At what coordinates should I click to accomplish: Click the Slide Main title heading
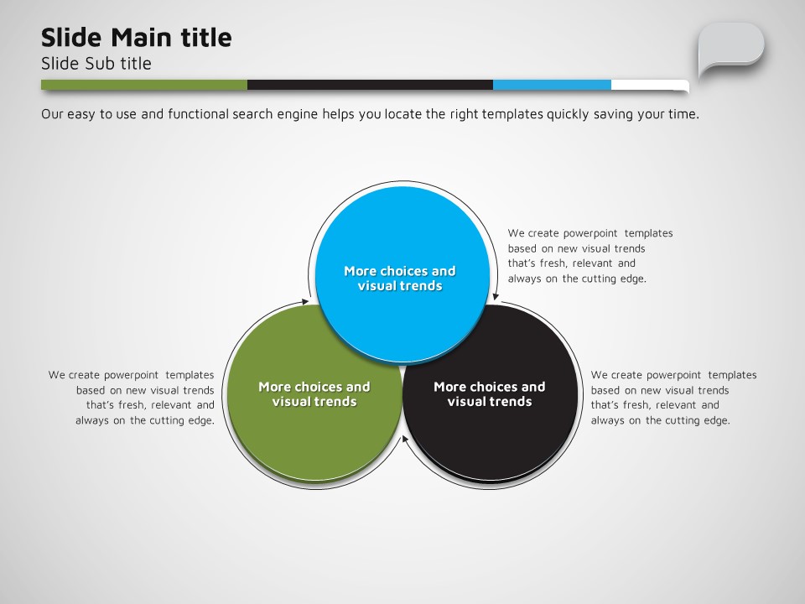pyautogui.click(x=136, y=38)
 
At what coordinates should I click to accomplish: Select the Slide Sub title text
pyautogui.click(x=96, y=63)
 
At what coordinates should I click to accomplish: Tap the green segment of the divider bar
pyautogui.click(x=144, y=85)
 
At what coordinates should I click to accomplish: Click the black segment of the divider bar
pyautogui.click(x=370, y=85)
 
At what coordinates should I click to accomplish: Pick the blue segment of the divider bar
pyautogui.click(x=552, y=85)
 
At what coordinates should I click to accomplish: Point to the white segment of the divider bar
pyautogui.click(x=650, y=85)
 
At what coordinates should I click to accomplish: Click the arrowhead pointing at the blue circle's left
pyautogui.click(x=306, y=302)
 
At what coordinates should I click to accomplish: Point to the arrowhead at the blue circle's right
pyautogui.click(x=495, y=296)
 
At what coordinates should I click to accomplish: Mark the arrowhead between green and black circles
pyautogui.click(x=405, y=439)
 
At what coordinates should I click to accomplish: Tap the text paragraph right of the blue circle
pyautogui.click(x=590, y=256)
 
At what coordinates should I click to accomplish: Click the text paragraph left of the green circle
pyautogui.click(x=132, y=398)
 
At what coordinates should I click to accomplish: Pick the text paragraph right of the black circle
pyautogui.click(x=673, y=398)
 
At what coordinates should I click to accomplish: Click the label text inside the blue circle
pyautogui.click(x=400, y=279)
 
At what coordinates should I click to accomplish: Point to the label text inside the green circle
pyautogui.click(x=314, y=394)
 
